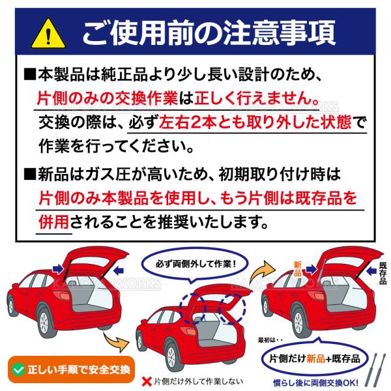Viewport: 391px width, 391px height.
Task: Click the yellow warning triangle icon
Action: pos(48,34)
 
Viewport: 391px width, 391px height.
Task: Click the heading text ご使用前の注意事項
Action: pos(209,33)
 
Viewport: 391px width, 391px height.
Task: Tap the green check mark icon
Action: pos(19,369)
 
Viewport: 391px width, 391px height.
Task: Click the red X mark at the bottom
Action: pos(147,381)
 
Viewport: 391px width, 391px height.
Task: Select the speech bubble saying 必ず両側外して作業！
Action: pos(195,265)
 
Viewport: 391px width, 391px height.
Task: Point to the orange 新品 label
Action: pos(298,268)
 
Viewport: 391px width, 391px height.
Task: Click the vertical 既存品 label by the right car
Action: pos(383,273)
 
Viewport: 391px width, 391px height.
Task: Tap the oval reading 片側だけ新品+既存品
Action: pos(315,358)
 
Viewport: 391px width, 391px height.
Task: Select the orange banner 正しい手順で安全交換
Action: pos(71,369)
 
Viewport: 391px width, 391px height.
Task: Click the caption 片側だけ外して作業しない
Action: pos(199,381)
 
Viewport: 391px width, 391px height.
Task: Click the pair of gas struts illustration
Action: pos(376,369)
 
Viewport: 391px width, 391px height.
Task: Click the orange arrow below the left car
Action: pos(117,341)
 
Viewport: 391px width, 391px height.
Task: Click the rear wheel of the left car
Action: pos(45,322)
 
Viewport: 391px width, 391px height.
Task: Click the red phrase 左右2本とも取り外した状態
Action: pos(255,123)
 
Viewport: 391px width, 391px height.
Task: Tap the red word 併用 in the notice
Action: pos(53,222)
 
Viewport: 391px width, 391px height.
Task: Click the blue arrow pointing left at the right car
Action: pos(371,271)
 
